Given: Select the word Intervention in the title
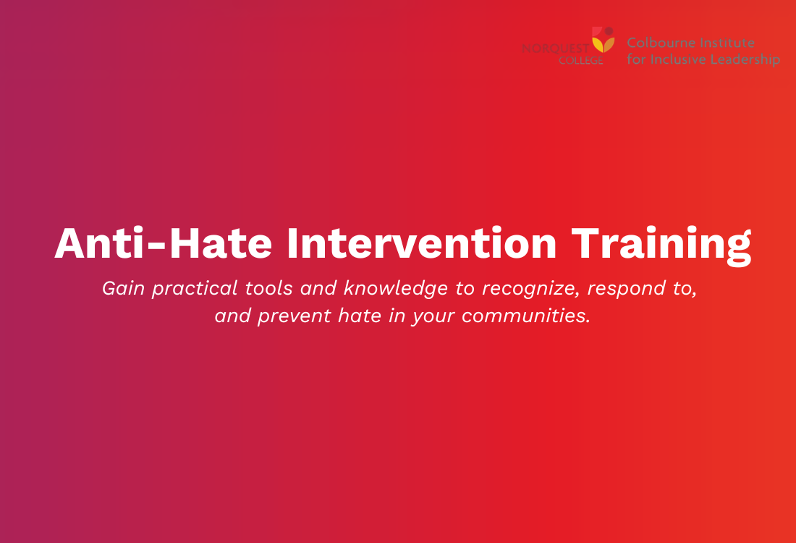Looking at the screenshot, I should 422,243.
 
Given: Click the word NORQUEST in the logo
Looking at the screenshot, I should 556,49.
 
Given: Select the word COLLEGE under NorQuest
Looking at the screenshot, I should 580,61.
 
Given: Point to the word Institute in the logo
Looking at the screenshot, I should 727,43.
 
